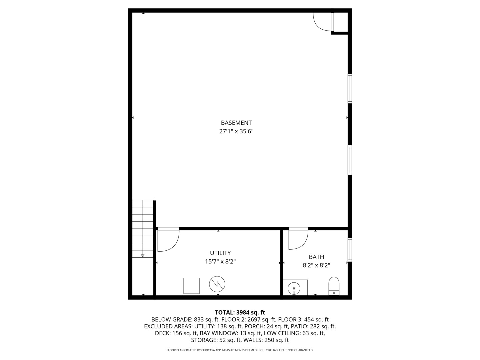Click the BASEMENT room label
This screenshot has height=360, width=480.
point(236,123)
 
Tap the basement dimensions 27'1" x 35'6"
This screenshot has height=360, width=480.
point(236,131)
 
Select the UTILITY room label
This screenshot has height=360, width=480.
point(220,253)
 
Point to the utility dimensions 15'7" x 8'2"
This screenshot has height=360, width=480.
point(220,262)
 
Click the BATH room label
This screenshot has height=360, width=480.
point(316,257)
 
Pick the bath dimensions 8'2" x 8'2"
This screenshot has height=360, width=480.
point(316,265)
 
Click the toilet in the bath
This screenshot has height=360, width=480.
point(334,286)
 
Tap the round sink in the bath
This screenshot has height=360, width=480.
point(294,288)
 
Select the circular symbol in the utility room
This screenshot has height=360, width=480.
point(217,284)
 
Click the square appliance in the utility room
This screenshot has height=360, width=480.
point(191,286)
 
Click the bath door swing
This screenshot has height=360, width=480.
point(298,239)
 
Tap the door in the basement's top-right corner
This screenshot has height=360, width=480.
point(322,21)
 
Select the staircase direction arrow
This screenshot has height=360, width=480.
point(143,256)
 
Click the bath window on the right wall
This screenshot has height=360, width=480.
point(350,249)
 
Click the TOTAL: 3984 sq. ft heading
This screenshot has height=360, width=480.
point(240,313)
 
